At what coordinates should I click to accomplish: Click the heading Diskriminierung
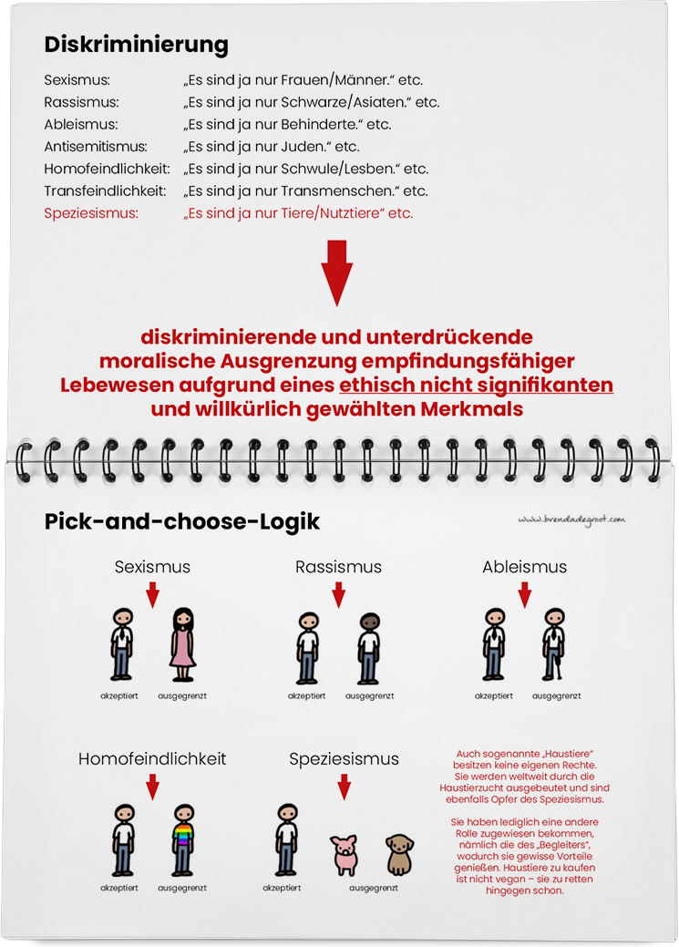click(x=136, y=45)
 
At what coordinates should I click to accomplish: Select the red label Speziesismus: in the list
click(x=91, y=213)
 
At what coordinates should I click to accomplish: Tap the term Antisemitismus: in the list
click(x=95, y=146)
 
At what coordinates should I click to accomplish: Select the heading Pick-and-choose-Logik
click(x=181, y=522)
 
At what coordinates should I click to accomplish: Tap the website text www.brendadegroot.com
click(x=571, y=520)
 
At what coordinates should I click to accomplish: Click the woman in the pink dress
click(x=183, y=643)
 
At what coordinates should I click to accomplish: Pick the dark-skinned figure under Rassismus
click(x=368, y=646)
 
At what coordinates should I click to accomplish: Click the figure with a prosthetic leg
click(x=554, y=643)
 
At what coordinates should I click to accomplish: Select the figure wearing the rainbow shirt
click(x=183, y=839)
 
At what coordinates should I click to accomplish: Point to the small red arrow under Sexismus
click(x=152, y=595)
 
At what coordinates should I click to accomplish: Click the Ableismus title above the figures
click(x=524, y=567)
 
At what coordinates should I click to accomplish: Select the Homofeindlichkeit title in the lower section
click(x=152, y=758)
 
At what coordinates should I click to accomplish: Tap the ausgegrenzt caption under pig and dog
click(x=370, y=888)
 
